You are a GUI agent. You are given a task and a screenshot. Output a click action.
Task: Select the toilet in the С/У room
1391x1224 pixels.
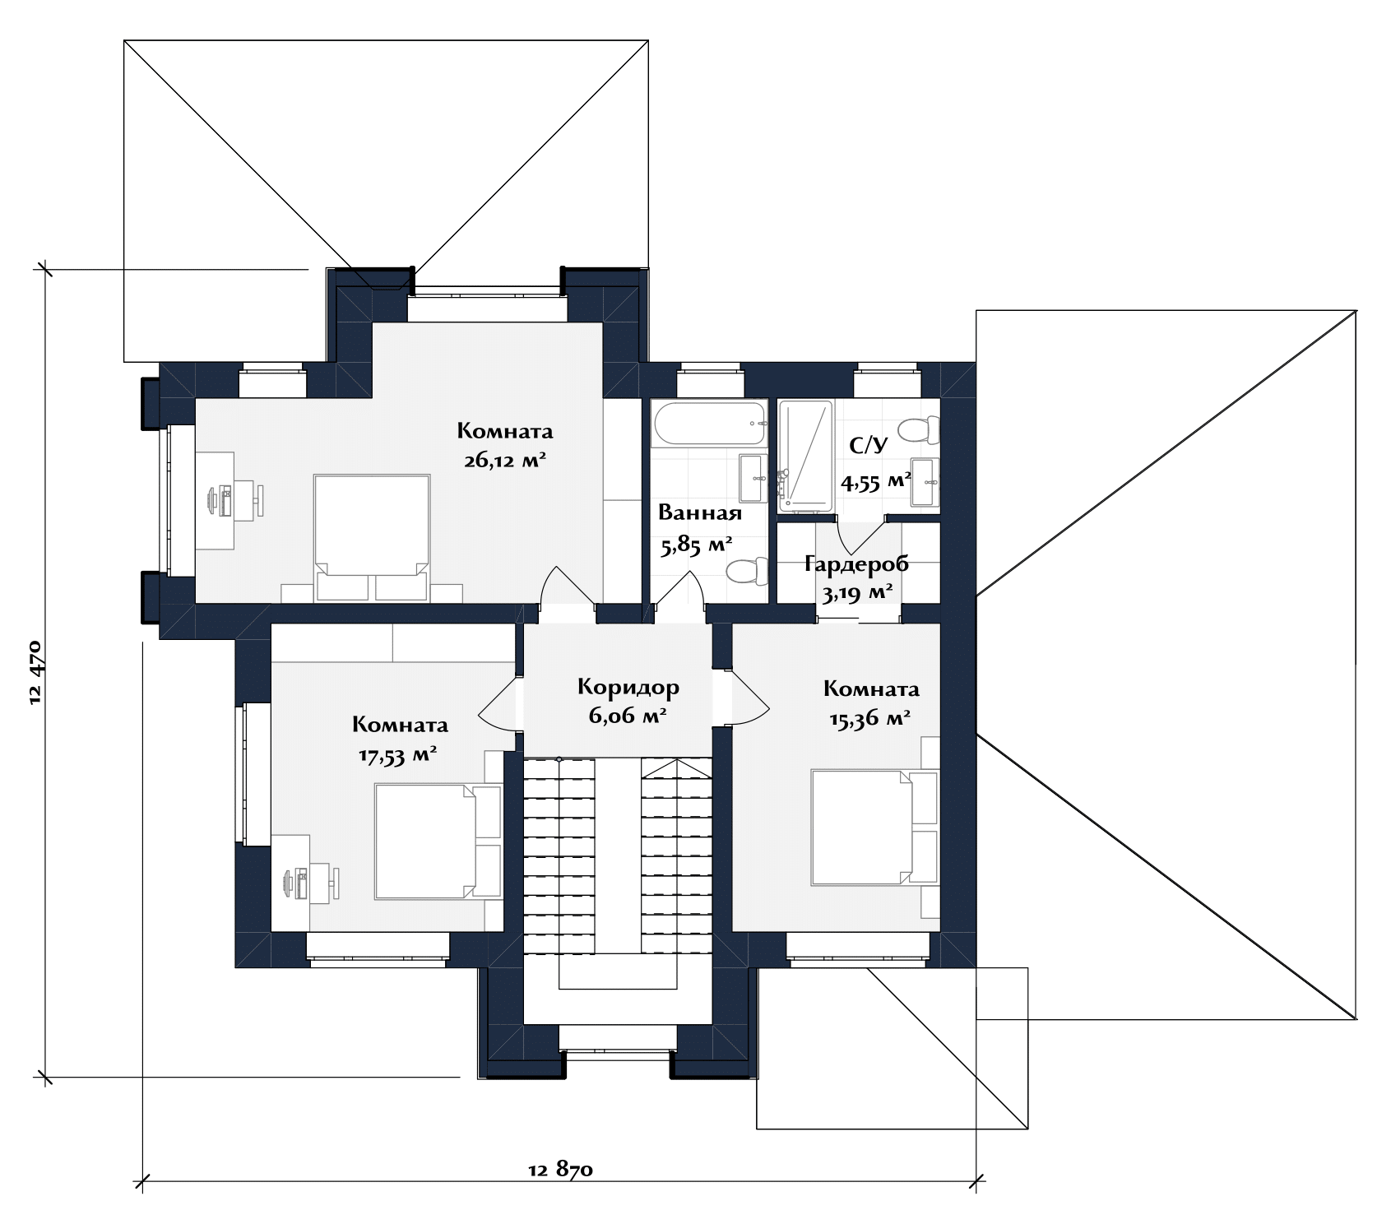(x=918, y=429)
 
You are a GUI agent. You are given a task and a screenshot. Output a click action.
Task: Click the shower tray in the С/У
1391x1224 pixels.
(x=806, y=456)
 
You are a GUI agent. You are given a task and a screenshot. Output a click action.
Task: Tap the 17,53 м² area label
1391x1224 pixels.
(x=396, y=755)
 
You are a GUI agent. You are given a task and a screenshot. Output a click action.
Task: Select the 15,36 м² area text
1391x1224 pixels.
(x=869, y=718)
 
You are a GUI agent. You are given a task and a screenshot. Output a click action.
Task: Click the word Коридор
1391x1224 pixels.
(x=628, y=687)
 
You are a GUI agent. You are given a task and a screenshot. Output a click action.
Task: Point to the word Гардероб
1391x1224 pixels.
(x=856, y=564)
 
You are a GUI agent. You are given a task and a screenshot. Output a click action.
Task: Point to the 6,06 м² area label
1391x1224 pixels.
(x=627, y=716)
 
